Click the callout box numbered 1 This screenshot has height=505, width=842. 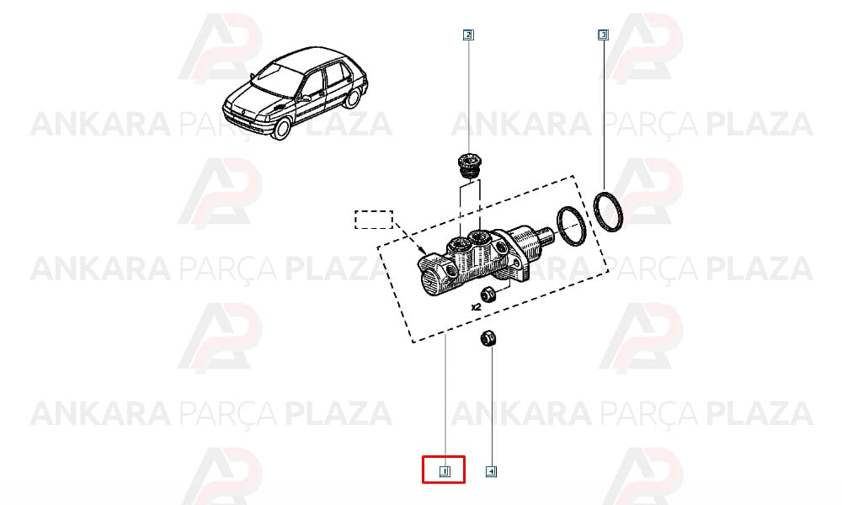pyautogui.click(x=445, y=471)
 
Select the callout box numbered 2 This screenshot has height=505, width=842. pyautogui.click(x=468, y=35)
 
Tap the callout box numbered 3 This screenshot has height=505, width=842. pyautogui.click(x=603, y=35)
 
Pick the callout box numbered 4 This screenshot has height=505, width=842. pyautogui.click(x=491, y=471)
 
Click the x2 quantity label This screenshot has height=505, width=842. pyautogui.click(x=475, y=307)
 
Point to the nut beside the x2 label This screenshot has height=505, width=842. pyautogui.click(x=488, y=294)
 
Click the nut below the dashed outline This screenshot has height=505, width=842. pyautogui.click(x=488, y=338)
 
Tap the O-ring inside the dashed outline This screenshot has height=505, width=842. pyautogui.click(x=571, y=226)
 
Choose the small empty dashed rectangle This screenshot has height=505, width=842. pyautogui.click(x=374, y=220)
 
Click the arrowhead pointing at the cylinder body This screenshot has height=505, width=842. pyautogui.click(x=424, y=251)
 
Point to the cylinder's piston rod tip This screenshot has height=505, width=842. pyautogui.click(x=548, y=236)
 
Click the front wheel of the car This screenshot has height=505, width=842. pyautogui.click(x=281, y=128)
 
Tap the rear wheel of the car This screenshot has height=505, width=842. pyautogui.click(x=353, y=98)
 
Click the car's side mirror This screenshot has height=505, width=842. pyautogui.click(x=305, y=98)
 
